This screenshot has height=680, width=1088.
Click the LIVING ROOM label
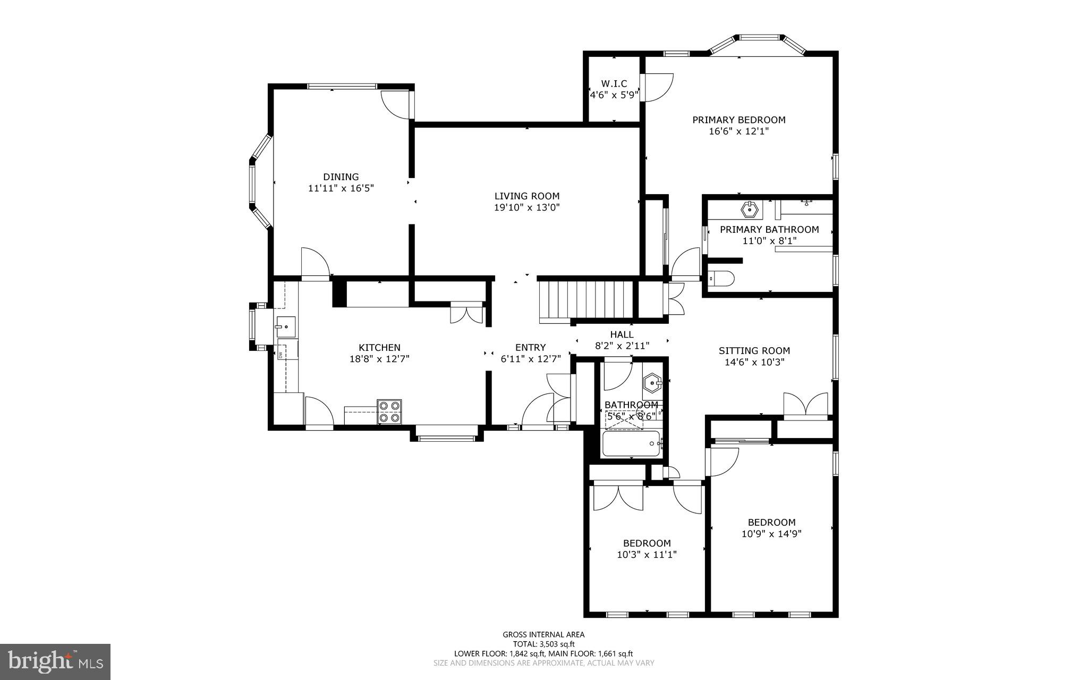click(526, 196)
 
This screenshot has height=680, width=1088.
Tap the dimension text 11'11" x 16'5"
click(341, 188)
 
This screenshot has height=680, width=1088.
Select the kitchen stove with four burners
click(389, 412)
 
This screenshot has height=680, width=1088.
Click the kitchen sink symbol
click(285, 326)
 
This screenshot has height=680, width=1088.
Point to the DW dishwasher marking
click(280, 355)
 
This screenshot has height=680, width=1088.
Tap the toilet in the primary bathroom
click(721, 279)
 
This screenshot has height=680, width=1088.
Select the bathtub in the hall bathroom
click(631, 443)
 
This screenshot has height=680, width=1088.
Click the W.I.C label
click(614, 84)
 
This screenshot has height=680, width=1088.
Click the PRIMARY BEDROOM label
click(738, 120)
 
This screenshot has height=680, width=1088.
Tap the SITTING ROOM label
click(754, 351)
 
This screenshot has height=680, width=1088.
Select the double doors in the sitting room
click(805, 404)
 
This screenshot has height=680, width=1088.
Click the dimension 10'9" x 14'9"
click(771, 534)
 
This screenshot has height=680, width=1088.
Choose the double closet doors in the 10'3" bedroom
click(618, 498)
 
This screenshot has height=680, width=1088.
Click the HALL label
click(622, 334)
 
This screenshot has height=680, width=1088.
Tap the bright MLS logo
click(55, 661)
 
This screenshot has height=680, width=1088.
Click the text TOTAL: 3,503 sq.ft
click(543, 644)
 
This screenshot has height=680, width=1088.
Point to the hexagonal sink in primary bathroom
click(750, 209)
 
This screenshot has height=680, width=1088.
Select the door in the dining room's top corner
click(396, 103)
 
